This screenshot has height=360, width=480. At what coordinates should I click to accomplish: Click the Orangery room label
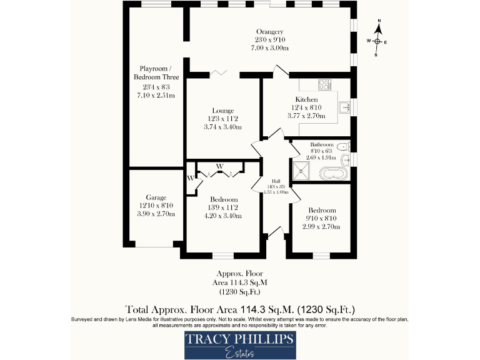[x=270, y=32]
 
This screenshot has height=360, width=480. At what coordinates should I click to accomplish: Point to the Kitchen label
[x=306, y=99]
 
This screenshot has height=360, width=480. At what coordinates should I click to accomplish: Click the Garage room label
[x=156, y=197]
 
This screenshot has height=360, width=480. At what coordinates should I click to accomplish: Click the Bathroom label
[x=322, y=143]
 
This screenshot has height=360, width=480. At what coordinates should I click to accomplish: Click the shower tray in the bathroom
[x=302, y=169]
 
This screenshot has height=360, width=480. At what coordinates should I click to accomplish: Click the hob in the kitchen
[x=325, y=85]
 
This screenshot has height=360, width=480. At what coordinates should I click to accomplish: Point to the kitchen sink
[x=344, y=107]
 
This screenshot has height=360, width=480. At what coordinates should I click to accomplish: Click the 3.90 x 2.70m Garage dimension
[x=156, y=214]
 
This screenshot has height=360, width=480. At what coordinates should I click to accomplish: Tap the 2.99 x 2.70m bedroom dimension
[x=322, y=227]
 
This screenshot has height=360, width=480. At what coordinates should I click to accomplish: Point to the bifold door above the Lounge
[x=218, y=74]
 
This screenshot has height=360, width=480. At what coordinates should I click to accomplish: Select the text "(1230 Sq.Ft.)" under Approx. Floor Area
[x=240, y=292]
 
